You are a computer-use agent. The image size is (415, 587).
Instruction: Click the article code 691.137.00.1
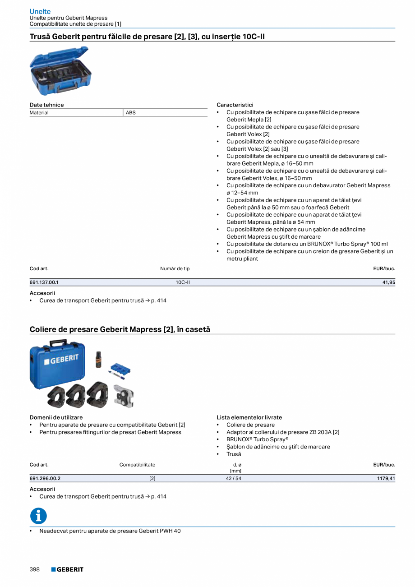pos(44,282)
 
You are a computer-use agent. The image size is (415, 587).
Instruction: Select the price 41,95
pos(388,282)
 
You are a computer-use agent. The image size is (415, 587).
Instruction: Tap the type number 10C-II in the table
pos(182,282)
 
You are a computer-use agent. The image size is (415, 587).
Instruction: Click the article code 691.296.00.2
pos(45,478)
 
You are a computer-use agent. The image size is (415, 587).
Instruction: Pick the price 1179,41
pos(386,478)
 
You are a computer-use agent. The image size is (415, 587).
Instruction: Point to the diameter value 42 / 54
pos(234,478)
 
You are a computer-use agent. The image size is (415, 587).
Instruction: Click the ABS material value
pos(130,112)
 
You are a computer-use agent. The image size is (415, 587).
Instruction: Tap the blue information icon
pos(38,516)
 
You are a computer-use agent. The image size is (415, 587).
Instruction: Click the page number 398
pos(35,569)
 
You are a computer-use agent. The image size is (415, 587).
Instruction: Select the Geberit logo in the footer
pos(67,569)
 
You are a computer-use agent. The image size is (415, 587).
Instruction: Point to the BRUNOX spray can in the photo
pos(98,359)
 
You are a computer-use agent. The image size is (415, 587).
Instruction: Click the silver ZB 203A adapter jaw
pos(123,396)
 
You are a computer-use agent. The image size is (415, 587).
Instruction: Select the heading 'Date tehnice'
pos(46,105)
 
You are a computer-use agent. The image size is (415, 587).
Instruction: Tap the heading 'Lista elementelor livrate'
pos(249,417)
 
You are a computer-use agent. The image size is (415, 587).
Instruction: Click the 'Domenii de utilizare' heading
pos(56,417)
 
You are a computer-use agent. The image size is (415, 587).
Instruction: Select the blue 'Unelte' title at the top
pos(40,11)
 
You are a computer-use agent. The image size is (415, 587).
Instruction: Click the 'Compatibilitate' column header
pos(137,464)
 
